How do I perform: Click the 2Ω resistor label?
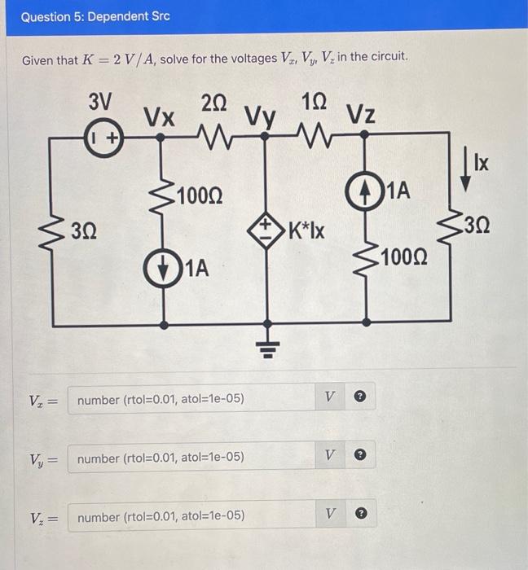[214, 103]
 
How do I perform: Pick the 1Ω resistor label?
[314, 103]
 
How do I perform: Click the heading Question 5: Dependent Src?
[90, 16]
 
